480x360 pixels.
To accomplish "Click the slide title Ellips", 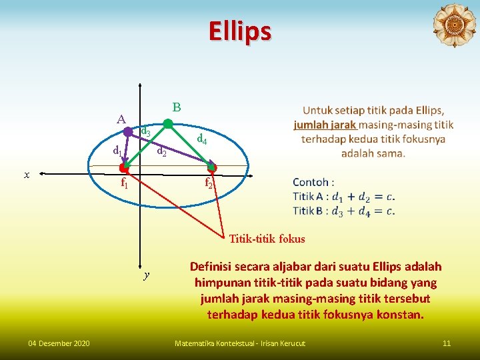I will [239, 31].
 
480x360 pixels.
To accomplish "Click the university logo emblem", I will [454, 25].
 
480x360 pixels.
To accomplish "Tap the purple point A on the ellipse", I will [128, 132].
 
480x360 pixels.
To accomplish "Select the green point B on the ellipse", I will [168, 123].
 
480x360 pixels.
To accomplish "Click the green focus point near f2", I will [212, 167].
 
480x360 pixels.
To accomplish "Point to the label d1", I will [117, 150].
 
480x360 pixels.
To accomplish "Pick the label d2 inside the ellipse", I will [161, 152].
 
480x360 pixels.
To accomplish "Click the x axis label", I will [27, 175].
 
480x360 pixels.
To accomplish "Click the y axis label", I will [146, 275].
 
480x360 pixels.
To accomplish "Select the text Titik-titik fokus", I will [267, 239].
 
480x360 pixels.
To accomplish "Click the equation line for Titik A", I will [343, 197].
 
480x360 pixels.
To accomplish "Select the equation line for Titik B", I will [343, 211].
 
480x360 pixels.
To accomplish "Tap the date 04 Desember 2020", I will [59, 343].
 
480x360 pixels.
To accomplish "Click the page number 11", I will [447, 343].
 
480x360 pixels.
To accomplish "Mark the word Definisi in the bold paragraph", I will [214, 267].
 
